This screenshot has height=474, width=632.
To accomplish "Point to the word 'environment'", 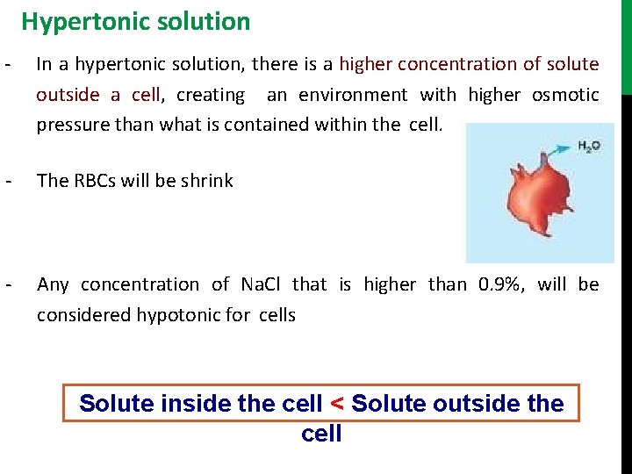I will click(x=353, y=94).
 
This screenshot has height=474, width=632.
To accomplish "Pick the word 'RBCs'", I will click(x=95, y=181).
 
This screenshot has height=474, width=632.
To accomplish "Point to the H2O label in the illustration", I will click(x=589, y=147).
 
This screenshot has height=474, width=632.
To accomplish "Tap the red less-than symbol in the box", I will click(x=335, y=404).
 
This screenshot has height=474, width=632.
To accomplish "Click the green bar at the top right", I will click(x=626, y=44).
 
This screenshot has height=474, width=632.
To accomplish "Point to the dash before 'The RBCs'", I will click(x=8, y=181).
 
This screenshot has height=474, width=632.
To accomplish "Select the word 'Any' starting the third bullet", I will click(x=53, y=284).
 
